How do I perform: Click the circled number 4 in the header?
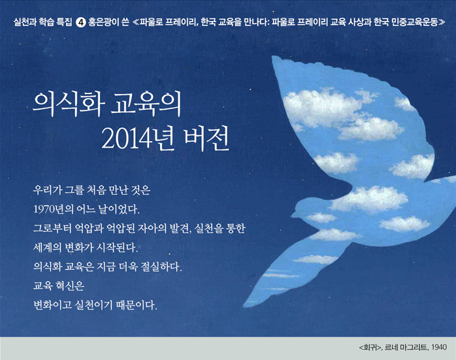pyautogui.click(x=80, y=22)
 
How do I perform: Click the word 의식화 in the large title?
pyautogui.click(x=69, y=103)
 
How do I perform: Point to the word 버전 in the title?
pyautogui.click(x=207, y=138)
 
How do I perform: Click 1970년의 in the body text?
pyautogui.click(x=54, y=209)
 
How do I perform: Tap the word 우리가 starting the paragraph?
pyautogui.click(x=48, y=190)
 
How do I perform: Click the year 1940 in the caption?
pyautogui.click(x=439, y=347)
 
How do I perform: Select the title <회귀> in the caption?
pyautogui.click(x=370, y=347)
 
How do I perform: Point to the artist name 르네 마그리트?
pyautogui.click(x=406, y=347)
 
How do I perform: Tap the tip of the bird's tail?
pyautogui.click(x=244, y=304)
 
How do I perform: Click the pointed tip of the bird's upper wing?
pyautogui.click(x=273, y=57)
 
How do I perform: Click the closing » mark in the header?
pyautogui.click(x=442, y=22)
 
